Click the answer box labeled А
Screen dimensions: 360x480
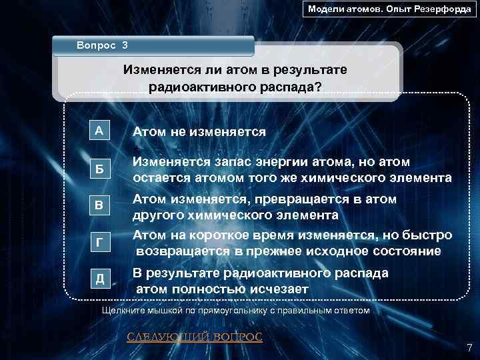click(x=99, y=131)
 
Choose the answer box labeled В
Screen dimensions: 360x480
click(x=99, y=206)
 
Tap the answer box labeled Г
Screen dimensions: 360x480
click(x=99, y=243)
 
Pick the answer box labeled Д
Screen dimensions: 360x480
click(x=99, y=280)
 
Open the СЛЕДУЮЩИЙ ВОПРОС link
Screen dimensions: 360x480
click(x=195, y=337)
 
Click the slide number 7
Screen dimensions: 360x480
click(x=469, y=347)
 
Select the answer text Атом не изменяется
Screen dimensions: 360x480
click(x=199, y=132)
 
